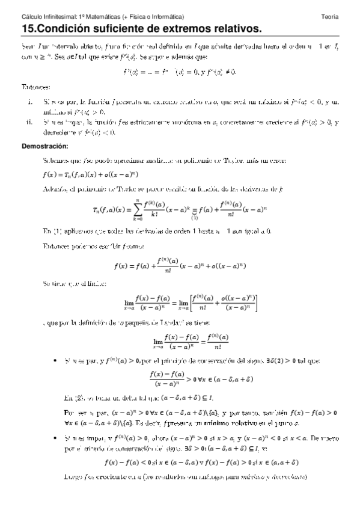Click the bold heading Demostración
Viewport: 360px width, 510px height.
point(45,146)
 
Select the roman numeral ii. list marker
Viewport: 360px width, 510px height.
point(29,122)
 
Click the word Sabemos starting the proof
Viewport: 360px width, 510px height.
point(55,161)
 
